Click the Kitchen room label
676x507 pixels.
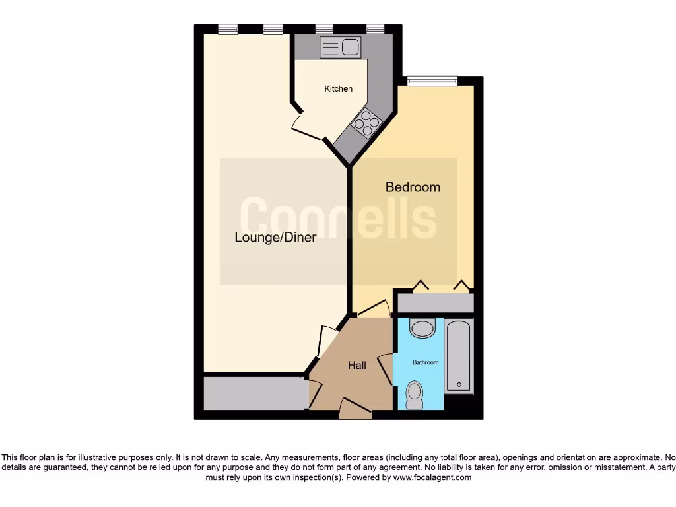[338, 88]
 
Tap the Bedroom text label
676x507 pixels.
[413, 187]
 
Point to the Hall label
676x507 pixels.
[357, 365]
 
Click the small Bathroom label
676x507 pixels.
[426, 362]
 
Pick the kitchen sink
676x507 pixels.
[340, 47]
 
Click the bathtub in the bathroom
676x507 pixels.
[459, 356]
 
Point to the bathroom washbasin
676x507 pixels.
[422, 327]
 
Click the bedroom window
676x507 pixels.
[432, 81]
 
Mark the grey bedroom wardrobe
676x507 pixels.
[435, 303]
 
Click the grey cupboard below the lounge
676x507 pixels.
[255, 393]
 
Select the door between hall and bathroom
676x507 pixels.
[386, 366]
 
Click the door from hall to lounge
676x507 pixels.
[326, 340]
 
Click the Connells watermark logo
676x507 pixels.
[337, 218]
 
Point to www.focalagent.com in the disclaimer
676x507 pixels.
[432, 477]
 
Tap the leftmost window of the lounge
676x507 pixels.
[228, 28]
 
